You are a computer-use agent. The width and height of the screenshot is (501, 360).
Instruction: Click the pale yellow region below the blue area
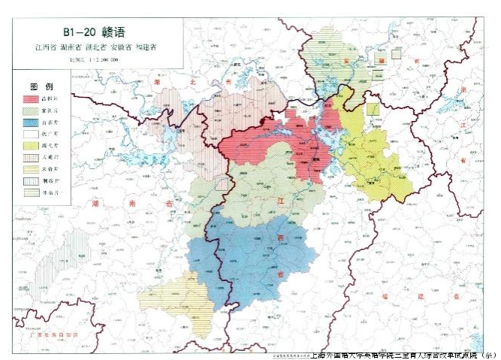(188, 301)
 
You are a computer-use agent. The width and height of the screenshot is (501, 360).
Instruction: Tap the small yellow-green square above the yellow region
(372, 109)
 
